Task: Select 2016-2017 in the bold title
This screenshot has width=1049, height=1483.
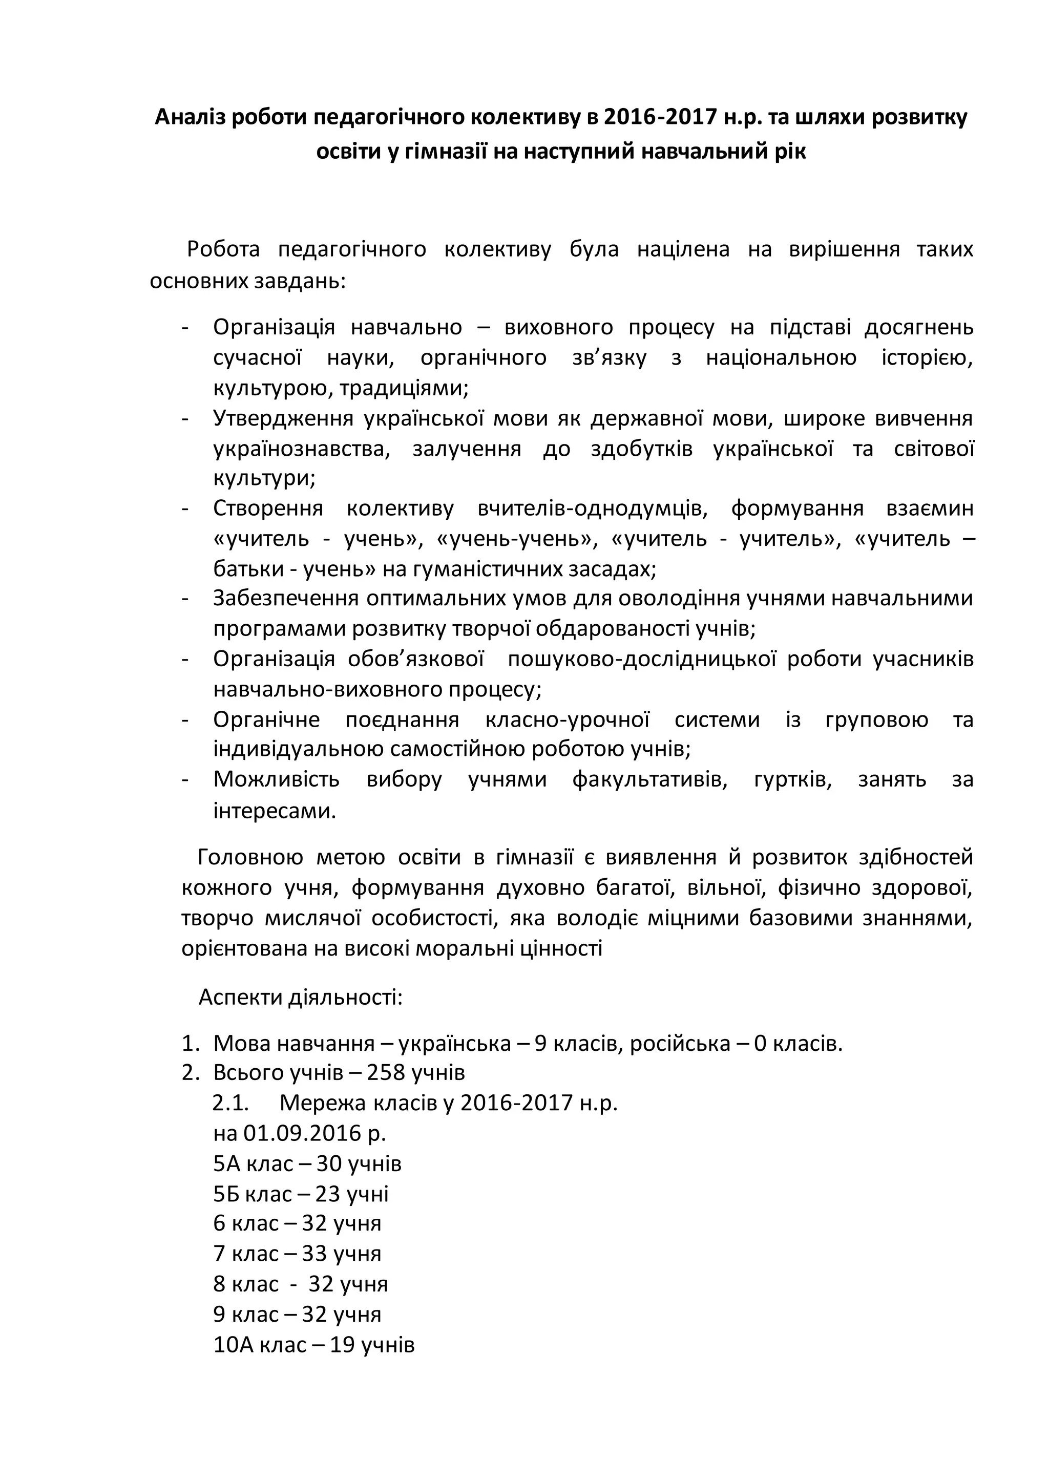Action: pos(660,118)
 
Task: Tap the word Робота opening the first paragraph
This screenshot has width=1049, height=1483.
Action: pos(223,249)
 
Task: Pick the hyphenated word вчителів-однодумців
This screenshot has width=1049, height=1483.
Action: pos(592,509)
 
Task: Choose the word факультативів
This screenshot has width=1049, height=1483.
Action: pos(649,779)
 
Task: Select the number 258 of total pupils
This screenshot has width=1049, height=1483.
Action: pos(388,1073)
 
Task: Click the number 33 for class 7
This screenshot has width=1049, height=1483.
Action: pos(314,1254)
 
